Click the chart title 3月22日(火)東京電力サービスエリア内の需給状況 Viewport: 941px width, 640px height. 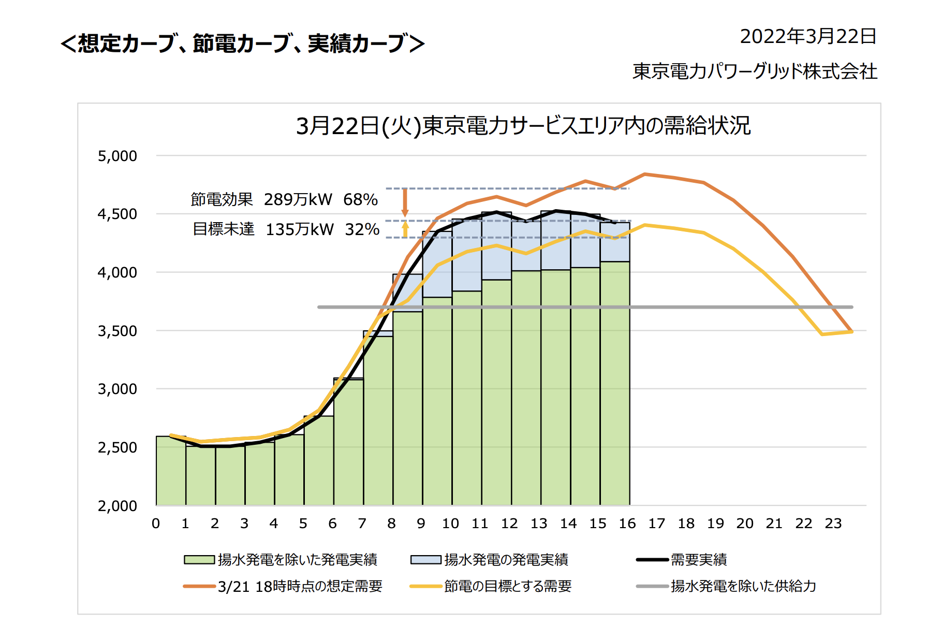pos(523,126)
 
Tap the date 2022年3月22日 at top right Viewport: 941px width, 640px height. pos(808,37)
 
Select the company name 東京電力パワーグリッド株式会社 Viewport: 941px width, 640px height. pos(755,71)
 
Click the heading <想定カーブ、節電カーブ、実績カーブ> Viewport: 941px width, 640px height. pos(242,43)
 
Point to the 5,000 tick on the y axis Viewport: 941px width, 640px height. pos(117,156)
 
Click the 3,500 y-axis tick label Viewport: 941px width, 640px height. pos(117,331)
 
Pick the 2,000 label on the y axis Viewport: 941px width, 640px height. pos(117,506)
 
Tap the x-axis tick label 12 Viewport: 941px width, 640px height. pos(509,523)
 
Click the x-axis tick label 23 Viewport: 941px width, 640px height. pos(833,523)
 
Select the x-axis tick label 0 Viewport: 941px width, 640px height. pos(156,523)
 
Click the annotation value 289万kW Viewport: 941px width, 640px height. pos(298,199)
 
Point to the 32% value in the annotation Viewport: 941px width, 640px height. pos(362,229)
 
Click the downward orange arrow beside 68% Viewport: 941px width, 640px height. pos(405,202)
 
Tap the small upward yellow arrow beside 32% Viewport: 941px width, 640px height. pos(405,229)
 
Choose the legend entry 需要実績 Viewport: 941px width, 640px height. pos(698,560)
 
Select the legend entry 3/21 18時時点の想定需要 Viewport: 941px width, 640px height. pos(300,586)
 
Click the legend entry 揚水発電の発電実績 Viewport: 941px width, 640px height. pos(506,560)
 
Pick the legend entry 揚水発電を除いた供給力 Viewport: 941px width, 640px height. pos(743,586)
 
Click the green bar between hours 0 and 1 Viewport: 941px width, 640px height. pos(171,471)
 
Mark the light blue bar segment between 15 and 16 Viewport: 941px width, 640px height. pos(615,242)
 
